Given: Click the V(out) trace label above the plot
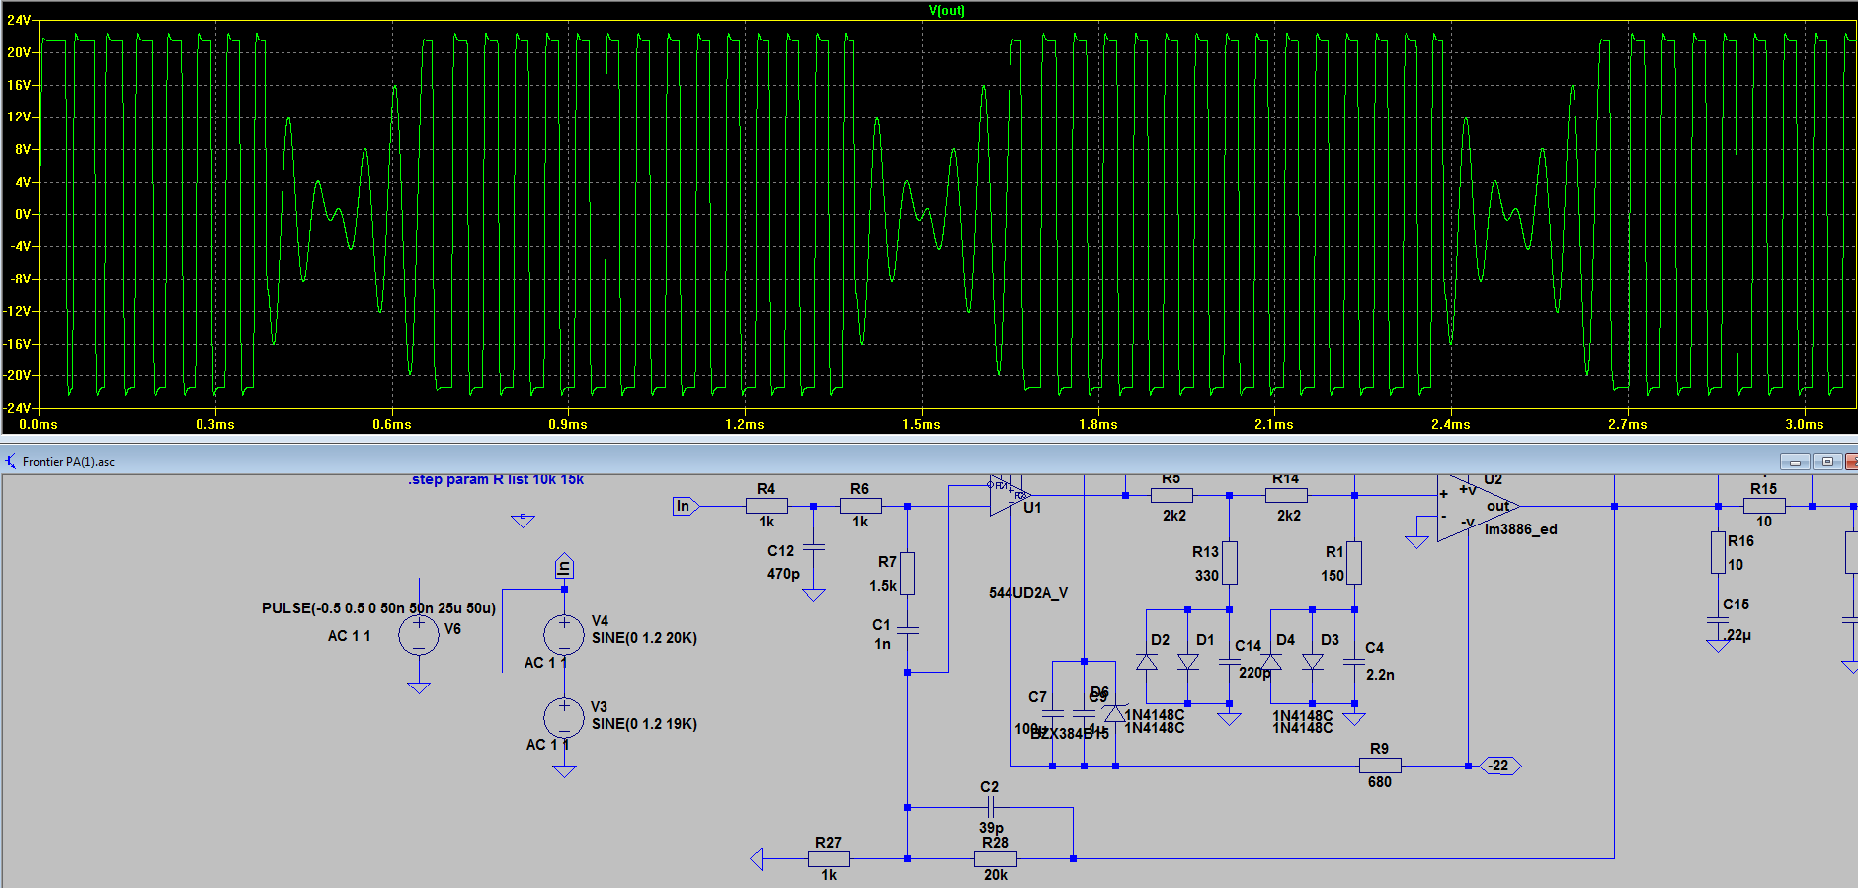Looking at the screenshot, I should [x=946, y=11].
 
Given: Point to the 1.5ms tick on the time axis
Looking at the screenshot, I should [x=921, y=424].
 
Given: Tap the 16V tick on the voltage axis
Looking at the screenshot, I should [x=20, y=85].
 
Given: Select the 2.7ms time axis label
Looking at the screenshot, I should [x=1627, y=424].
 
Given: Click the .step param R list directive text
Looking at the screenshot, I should [x=496, y=479].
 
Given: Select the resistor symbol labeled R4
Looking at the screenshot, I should [x=767, y=506].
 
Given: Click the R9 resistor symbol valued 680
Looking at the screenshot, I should [x=1380, y=766].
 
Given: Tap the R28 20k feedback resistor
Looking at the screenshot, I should [x=995, y=858].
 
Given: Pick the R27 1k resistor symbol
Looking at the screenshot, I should [x=829, y=858].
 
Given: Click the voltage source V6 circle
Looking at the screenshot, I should [x=419, y=635].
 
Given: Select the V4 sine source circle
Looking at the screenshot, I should [x=564, y=635].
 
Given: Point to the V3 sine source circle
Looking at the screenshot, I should [x=564, y=718].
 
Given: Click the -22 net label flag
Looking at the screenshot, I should [x=1499, y=766].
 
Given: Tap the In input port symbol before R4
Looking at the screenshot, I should [x=685, y=506].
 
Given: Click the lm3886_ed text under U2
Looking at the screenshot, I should [x=1520, y=529].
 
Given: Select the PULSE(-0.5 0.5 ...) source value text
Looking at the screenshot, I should [x=378, y=608].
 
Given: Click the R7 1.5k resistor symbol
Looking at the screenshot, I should [x=907, y=573].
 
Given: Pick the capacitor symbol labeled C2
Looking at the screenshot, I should [x=989, y=807].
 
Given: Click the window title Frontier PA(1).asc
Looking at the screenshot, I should [x=68, y=462].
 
